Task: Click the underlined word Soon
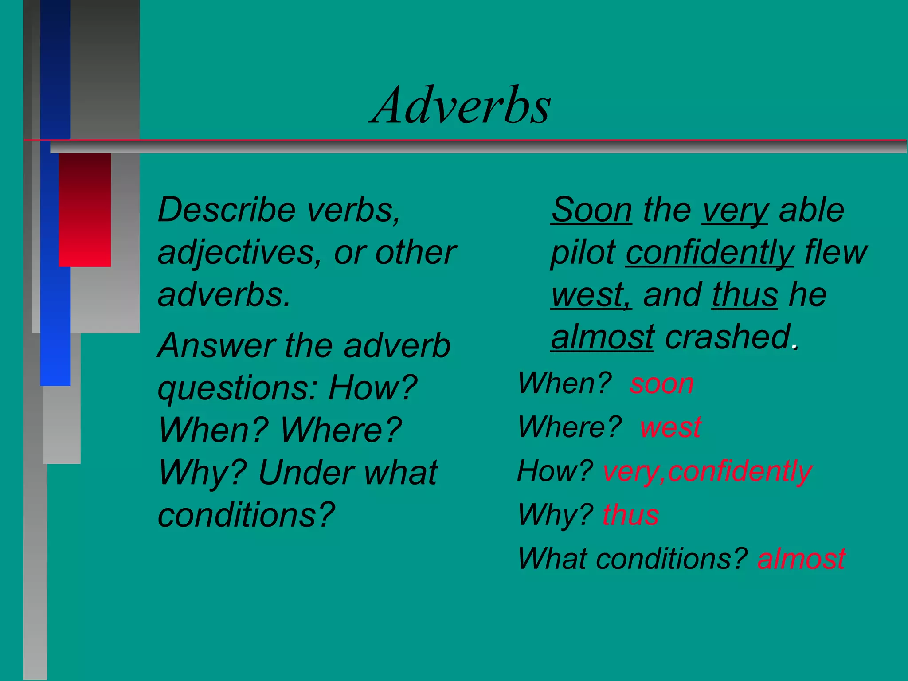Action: pyautogui.click(x=591, y=210)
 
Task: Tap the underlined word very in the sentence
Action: pyautogui.click(x=735, y=211)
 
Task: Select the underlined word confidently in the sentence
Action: pyautogui.click(x=709, y=253)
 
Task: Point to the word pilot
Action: pyautogui.click(x=583, y=253)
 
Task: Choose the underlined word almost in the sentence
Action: pyautogui.click(x=602, y=337)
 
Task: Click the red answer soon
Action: pyautogui.click(x=661, y=384)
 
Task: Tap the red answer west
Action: pyautogui.click(x=670, y=427)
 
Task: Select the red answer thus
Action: pyautogui.click(x=630, y=515)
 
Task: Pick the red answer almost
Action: pyautogui.click(x=801, y=558)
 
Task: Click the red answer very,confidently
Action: pyautogui.click(x=707, y=471)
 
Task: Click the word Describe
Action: pyautogui.click(x=227, y=210)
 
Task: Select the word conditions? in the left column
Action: pyautogui.click(x=246, y=515)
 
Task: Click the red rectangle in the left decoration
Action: pyautogui.click(x=85, y=210)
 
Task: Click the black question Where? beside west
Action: pyautogui.click(x=570, y=427)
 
